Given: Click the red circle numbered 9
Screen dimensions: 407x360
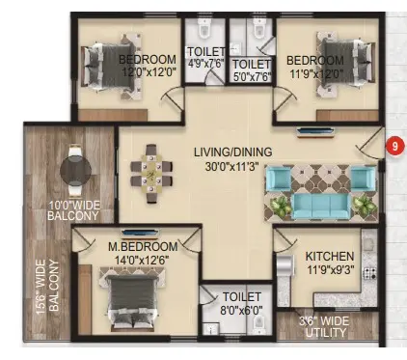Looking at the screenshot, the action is pyautogui.click(x=394, y=146).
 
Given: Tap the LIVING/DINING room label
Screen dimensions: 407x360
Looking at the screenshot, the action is pyautogui.click(x=233, y=152).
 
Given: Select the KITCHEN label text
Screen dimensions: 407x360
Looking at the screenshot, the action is pyautogui.click(x=330, y=257).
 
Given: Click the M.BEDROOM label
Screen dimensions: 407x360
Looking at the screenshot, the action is pyautogui.click(x=143, y=246).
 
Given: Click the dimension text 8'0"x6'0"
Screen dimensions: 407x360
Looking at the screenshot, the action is pyautogui.click(x=241, y=311).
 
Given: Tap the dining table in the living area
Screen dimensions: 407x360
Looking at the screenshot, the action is pyautogui.click(x=151, y=174).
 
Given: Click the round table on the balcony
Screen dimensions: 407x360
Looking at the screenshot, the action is pyautogui.click(x=75, y=170).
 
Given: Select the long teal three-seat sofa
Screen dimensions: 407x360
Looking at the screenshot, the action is pyautogui.click(x=321, y=206).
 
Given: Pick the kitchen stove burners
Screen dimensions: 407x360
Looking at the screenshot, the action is pyautogui.click(x=369, y=273).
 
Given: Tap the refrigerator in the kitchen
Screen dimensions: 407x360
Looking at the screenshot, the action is pyautogui.click(x=285, y=265).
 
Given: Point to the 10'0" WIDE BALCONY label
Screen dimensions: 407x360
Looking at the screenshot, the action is pyautogui.click(x=73, y=210).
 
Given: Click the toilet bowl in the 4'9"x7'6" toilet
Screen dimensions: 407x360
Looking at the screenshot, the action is pyautogui.click(x=204, y=28).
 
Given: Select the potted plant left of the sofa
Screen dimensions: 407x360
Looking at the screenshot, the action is pyautogui.click(x=278, y=206).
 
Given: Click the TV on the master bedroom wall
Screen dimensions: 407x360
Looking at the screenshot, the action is pyautogui.click(x=141, y=233).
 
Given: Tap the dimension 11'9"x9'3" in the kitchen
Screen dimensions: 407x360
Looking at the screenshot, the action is pyautogui.click(x=331, y=269).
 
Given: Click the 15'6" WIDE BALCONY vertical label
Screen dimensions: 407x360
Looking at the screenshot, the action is pyautogui.click(x=48, y=286).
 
